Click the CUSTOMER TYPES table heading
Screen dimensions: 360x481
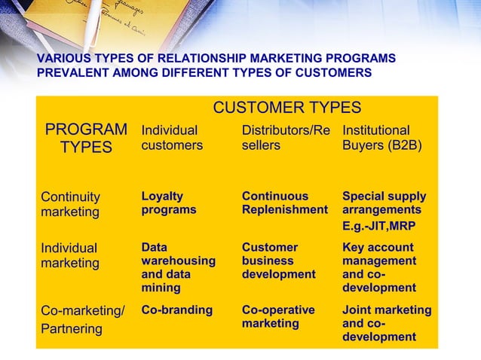point(286,108)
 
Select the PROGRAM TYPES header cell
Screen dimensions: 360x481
point(86,139)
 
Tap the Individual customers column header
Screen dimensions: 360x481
point(172,138)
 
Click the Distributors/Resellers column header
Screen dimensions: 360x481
point(286,138)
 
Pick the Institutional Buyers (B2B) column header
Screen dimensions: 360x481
point(381,138)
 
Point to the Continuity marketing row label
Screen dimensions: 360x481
point(70,204)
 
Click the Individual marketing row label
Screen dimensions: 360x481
point(69,255)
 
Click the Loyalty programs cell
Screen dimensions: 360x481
point(169,203)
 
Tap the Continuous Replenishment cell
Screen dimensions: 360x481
point(285,203)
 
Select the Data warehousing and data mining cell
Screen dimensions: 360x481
point(178,267)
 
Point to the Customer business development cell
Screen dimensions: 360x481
point(278,261)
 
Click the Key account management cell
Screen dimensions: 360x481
point(379,267)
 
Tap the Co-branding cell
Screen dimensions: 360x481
point(177,310)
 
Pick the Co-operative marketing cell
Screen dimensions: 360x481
point(277,317)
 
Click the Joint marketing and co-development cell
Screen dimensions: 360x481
point(387,323)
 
